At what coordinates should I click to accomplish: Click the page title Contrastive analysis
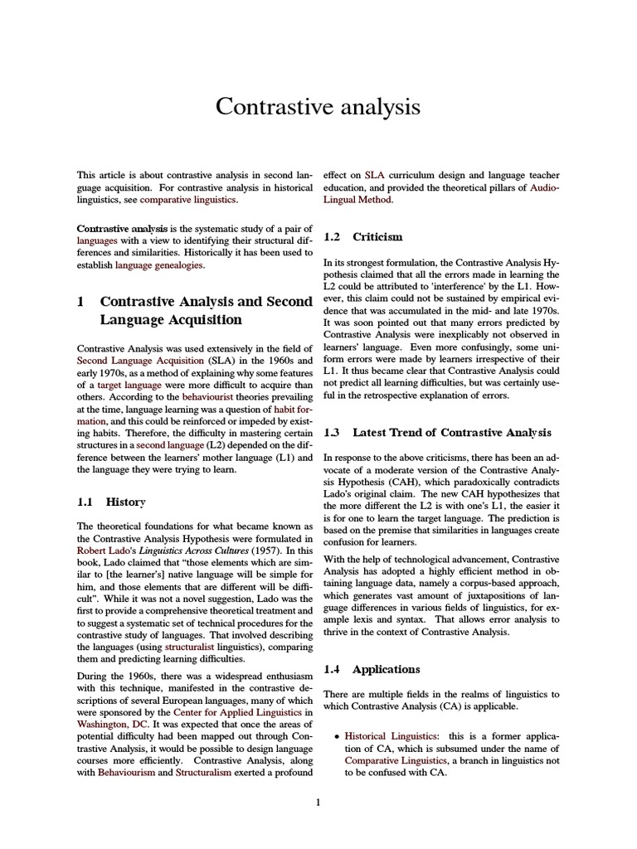pyautogui.click(x=318, y=107)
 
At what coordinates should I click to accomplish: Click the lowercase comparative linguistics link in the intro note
pyautogui.click(x=188, y=200)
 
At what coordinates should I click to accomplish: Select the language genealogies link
pyautogui.click(x=159, y=265)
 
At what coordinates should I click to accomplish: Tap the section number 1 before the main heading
pyautogui.click(x=80, y=302)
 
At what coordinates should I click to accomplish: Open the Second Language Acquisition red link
pyautogui.click(x=140, y=361)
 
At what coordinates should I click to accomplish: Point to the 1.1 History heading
pyautogui.click(x=110, y=502)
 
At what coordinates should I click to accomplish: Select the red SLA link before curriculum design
pyautogui.click(x=374, y=175)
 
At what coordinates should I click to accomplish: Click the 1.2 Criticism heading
pyautogui.click(x=362, y=237)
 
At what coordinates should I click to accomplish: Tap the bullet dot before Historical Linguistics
pyautogui.click(x=335, y=736)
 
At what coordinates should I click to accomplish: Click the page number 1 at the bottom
pyautogui.click(x=318, y=802)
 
